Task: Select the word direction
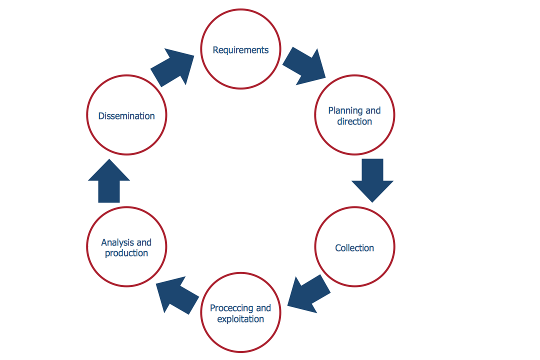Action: coord(354,121)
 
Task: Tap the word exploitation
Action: coord(240,319)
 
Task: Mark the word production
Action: coord(126,253)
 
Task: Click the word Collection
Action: coord(354,248)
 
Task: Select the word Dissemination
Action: coord(126,116)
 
